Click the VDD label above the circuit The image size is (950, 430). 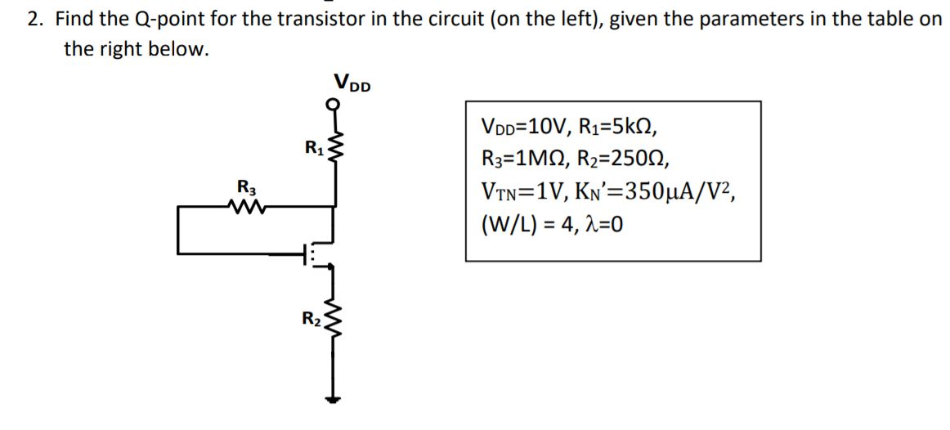(x=352, y=83)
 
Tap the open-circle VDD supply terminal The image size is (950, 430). (x=332, y=104)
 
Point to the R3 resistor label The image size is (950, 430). (x=243, y=186)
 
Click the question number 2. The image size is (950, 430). (x=34, y=19)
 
